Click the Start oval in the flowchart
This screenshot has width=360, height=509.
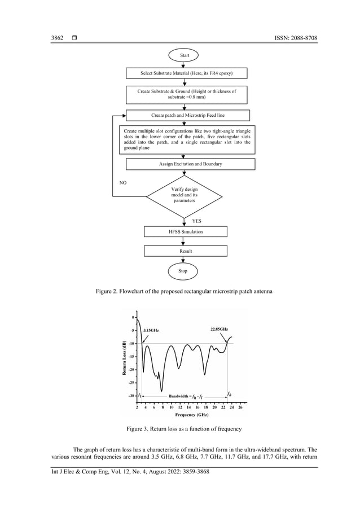(185, 55)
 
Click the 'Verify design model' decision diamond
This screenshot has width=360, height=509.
(183, 195)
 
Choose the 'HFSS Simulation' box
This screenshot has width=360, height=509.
(186, 231)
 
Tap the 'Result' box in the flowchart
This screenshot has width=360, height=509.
(186, 251)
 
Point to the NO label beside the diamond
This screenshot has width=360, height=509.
(122, 183)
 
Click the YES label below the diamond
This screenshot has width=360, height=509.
(197, 221)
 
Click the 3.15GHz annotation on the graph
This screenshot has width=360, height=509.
(151, 330)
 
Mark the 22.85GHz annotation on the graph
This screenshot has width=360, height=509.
(216, 328)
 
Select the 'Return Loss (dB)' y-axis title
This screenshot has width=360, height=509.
(122, 359)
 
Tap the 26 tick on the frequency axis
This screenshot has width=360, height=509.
(240, 406)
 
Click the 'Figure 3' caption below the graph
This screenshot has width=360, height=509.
(185, 429)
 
